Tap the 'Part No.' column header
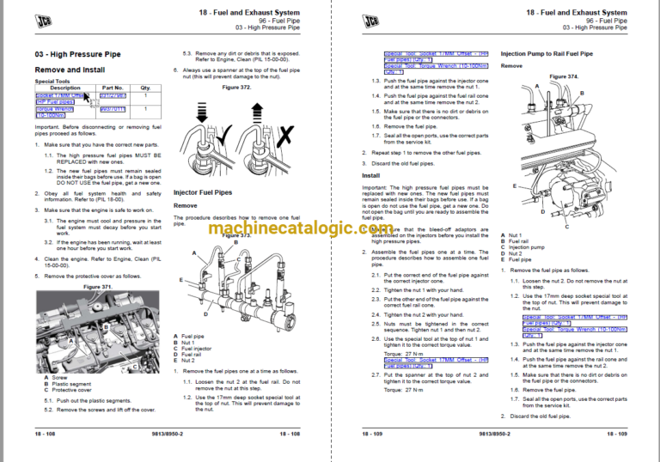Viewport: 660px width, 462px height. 113,88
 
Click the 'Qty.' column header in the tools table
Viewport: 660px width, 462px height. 145,88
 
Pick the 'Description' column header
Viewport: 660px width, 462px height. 65,88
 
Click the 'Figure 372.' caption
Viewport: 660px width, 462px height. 236,88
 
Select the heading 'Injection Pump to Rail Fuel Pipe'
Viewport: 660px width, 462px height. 547,53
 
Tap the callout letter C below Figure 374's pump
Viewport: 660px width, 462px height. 566,228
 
